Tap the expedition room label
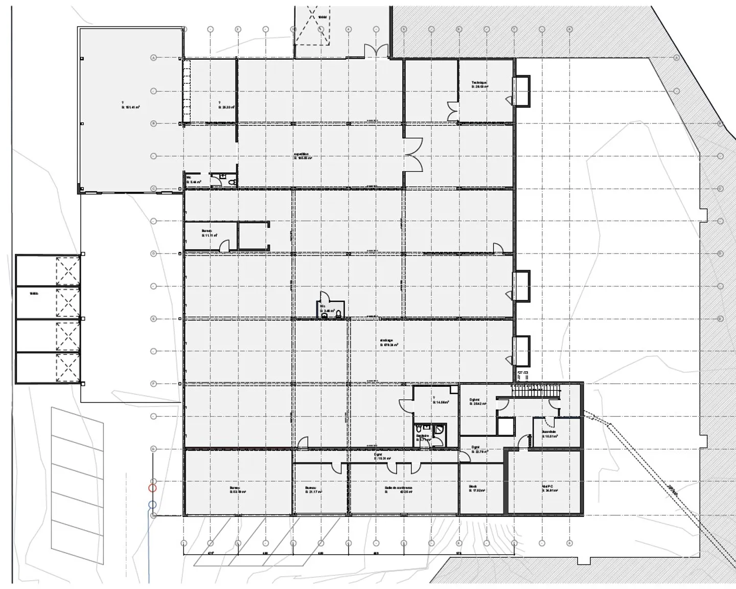pos(303,156)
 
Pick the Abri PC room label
pos(550,489)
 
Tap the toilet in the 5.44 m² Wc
pos(232,181)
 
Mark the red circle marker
pos(152,487)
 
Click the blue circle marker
pos(152,505)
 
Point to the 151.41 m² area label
pos(130,105)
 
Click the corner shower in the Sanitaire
pos(438,430)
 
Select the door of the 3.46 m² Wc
pos(323,297)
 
